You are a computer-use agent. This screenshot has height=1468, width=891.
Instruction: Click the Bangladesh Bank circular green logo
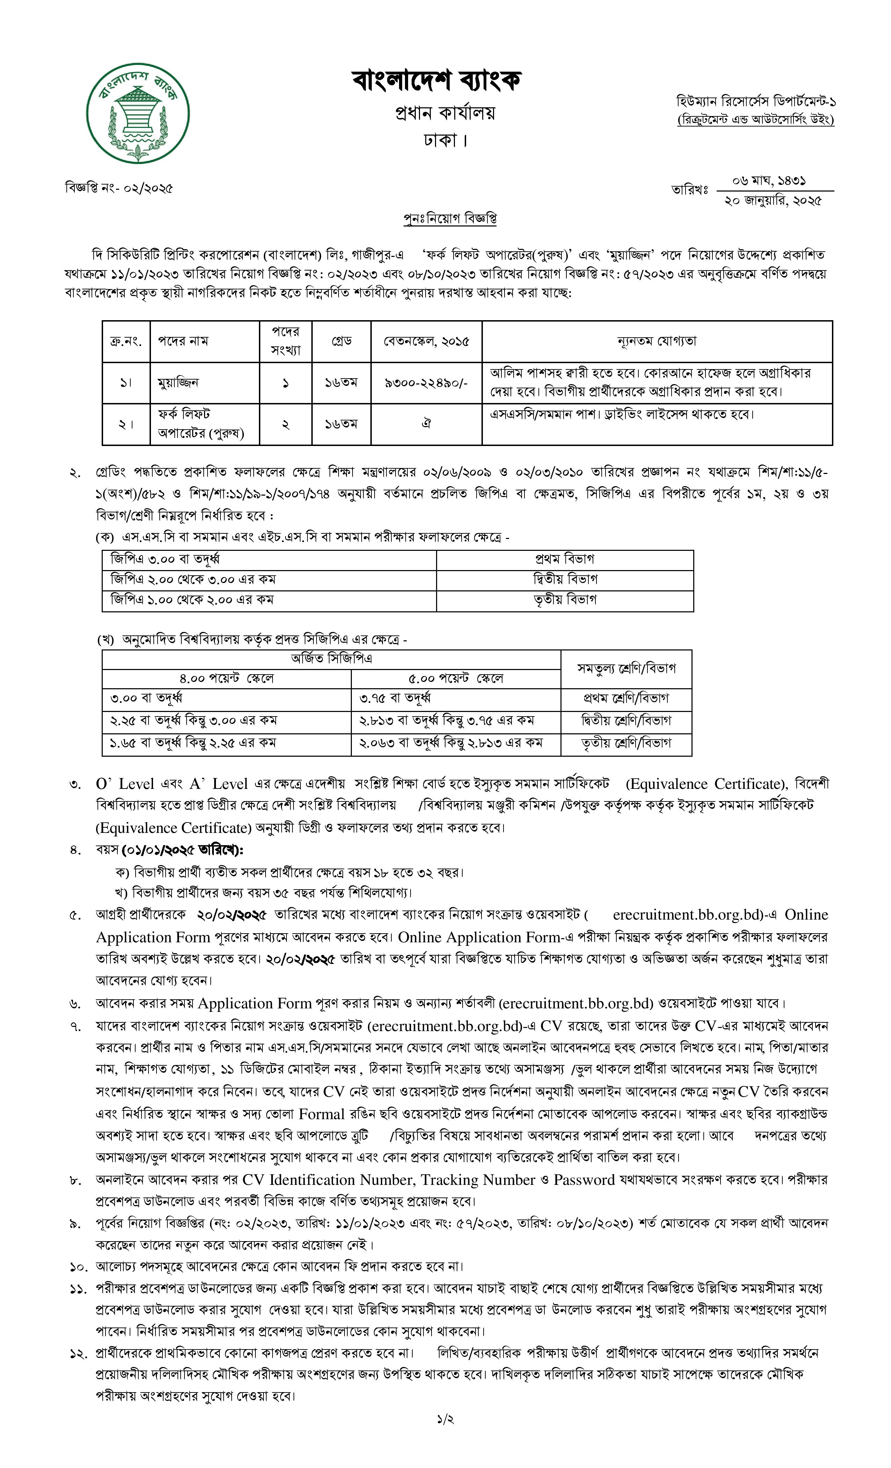tap(138, 113)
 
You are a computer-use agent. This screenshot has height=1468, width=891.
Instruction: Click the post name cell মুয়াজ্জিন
tap(178, 382)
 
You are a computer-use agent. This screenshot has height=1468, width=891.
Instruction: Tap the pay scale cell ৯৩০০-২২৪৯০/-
tap(426, 382)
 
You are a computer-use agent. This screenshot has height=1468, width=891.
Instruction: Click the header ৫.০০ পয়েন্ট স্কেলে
tap(456, 678)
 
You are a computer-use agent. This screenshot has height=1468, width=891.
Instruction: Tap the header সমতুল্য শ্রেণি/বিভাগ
tap(626, 668)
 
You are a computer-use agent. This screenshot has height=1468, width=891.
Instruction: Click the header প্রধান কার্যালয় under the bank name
tap(445, 113)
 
